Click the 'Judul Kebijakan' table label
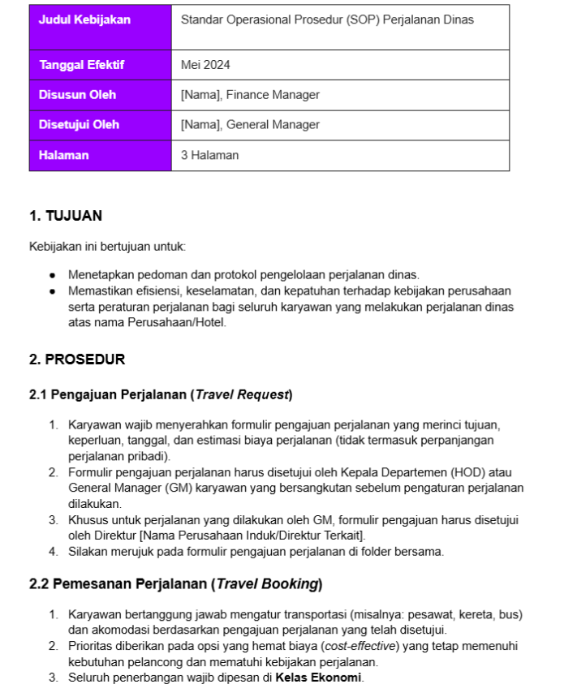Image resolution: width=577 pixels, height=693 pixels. click(84, 20)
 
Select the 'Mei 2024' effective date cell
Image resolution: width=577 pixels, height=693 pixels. click(205, 65)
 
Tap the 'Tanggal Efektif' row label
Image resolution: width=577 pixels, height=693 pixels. click(81, 65)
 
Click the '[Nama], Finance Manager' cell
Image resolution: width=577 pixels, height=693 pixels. click(250, 95)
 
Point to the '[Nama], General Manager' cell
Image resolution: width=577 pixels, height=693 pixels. click(250, 125)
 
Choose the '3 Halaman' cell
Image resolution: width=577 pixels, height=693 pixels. click(209, 155)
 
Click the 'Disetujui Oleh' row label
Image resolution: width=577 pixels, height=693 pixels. click(79, 125)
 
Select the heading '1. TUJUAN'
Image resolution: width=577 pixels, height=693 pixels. click(65, 216)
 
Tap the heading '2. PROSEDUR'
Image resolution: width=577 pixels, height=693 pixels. click(76, 359)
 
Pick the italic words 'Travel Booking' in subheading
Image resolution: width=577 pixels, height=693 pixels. click(267, 583)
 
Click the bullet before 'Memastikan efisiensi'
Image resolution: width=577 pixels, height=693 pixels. click(53, 291)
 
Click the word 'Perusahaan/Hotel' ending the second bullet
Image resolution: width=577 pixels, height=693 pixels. click(177, 322)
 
